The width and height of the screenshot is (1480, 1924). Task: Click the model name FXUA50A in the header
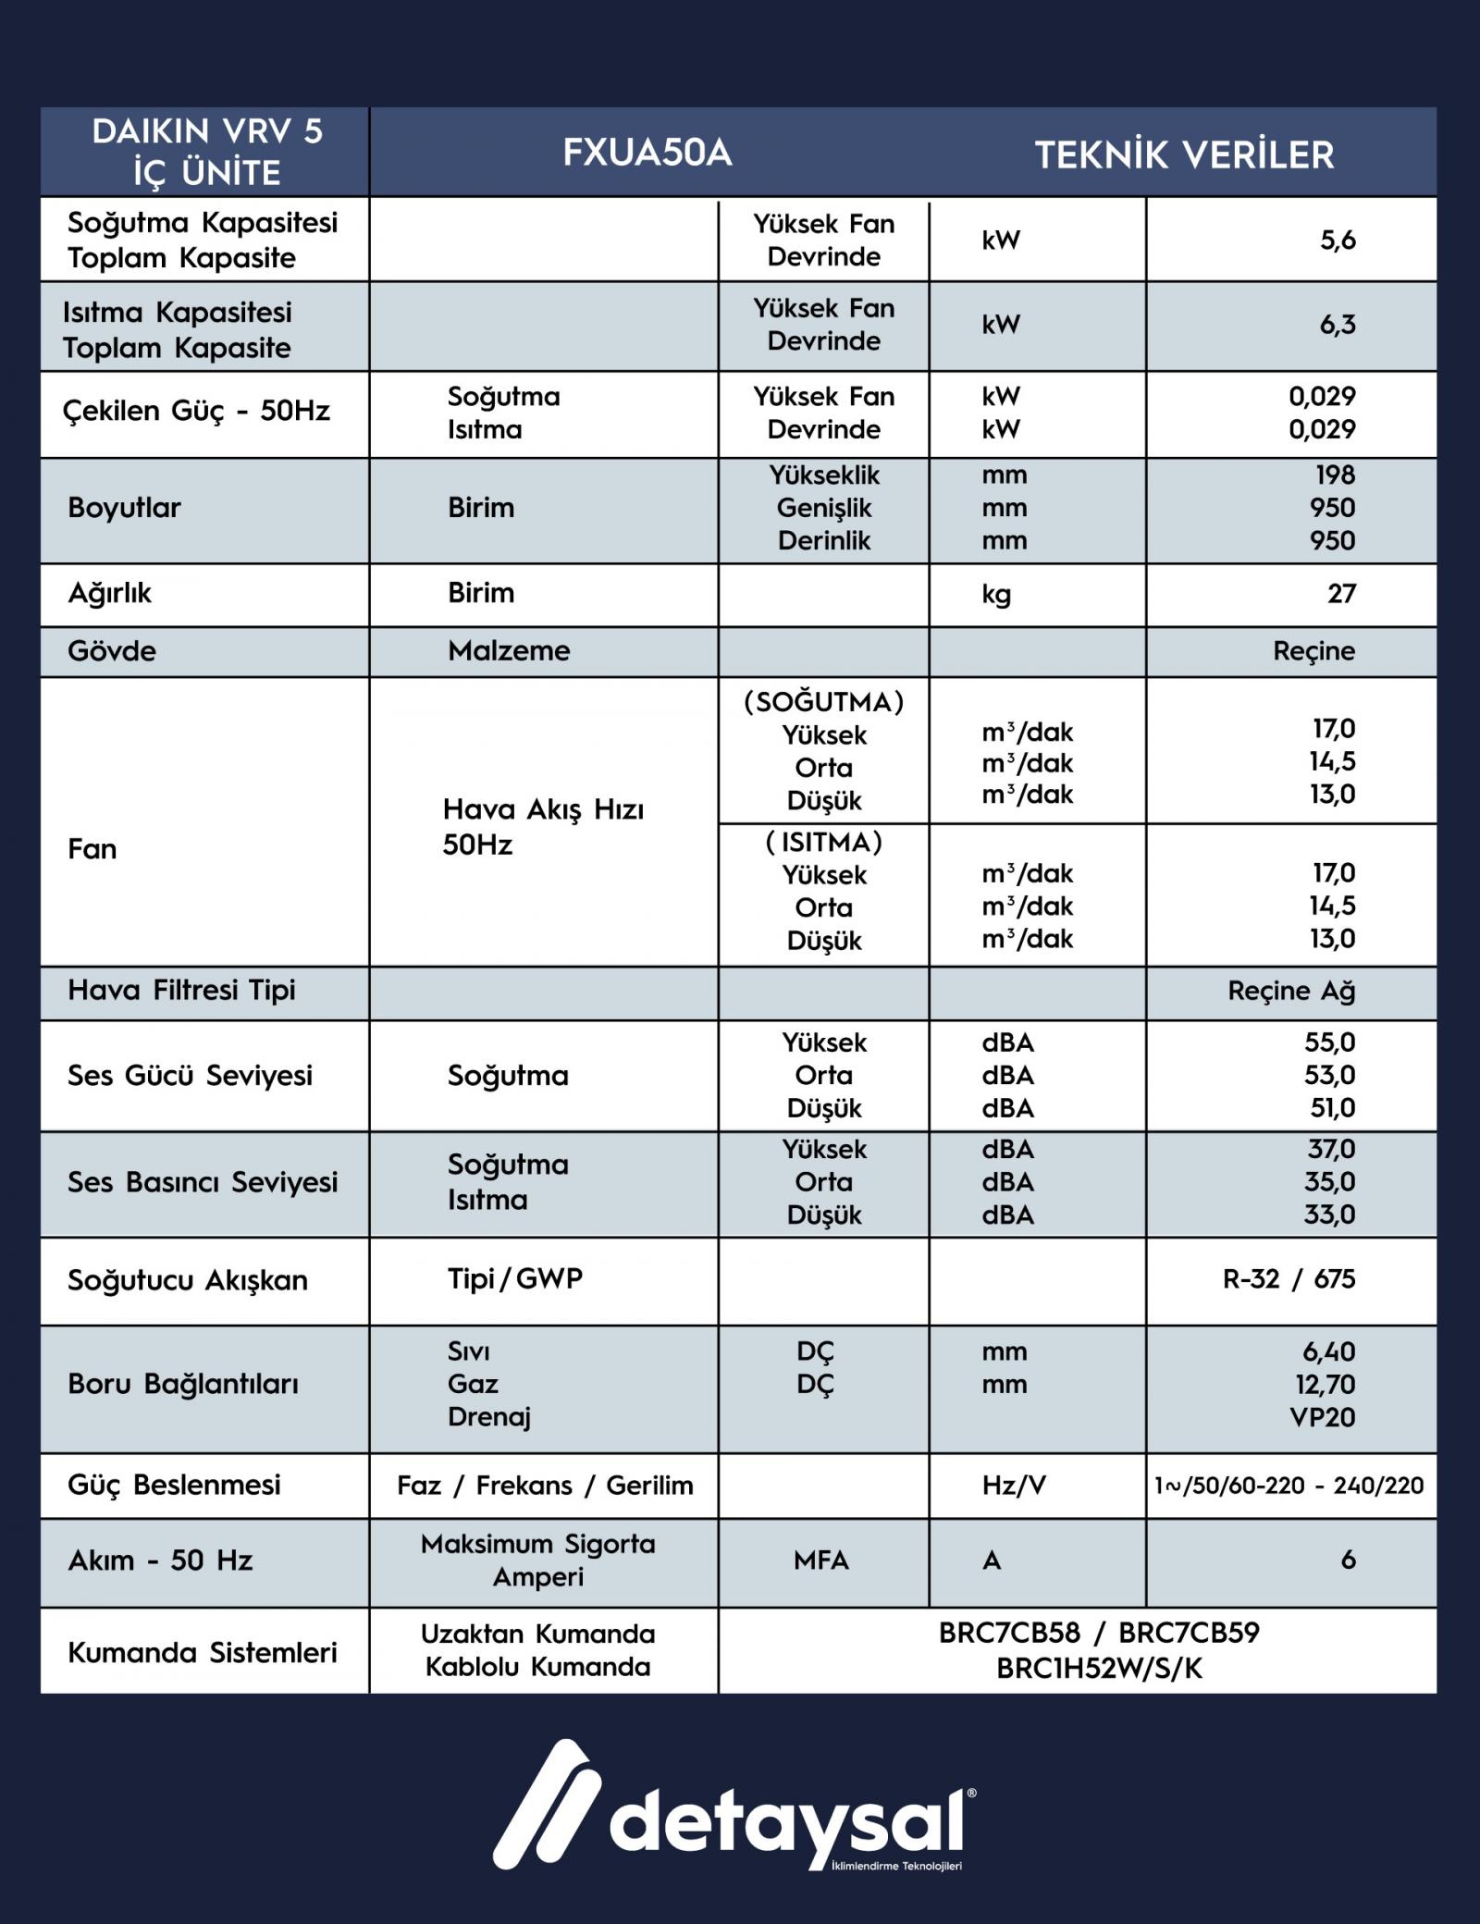click(x=647, y=154)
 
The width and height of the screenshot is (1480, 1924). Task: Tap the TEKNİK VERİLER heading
click(x=1184, y=155)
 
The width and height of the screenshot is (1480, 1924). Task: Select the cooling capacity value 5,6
click(x=1338, y=240)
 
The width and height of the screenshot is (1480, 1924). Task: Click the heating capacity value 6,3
click(x=1338, y=325)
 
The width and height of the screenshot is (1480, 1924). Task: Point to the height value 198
click(x=1335, y=475)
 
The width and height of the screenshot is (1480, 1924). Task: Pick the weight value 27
click(x=1341, y=594)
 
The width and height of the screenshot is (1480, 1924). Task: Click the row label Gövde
click(x=112, y=651)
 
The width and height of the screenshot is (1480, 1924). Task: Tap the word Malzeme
click(x=509, y=651)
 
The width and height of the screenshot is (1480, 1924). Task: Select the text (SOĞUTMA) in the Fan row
click(x=823, y=703)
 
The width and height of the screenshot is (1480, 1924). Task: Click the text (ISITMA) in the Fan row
click(x=823, y=843)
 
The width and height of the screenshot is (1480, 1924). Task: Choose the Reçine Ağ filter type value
click(x=1291, y=992)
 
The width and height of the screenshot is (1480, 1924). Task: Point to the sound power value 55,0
click(x=1329, y=1043)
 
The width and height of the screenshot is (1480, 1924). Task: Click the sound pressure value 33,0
click(x=1329, y=1215)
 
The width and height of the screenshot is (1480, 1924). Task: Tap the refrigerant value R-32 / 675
click(x=1289, y=1279)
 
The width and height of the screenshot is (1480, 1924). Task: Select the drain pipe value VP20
click(x=1323, y=1417)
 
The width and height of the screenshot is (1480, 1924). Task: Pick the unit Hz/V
click(x=1014, y=1486)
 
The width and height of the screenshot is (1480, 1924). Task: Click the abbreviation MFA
click(x=820, y=1561)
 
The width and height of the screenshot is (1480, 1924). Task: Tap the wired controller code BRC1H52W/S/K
click(x=1099, y=1669)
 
